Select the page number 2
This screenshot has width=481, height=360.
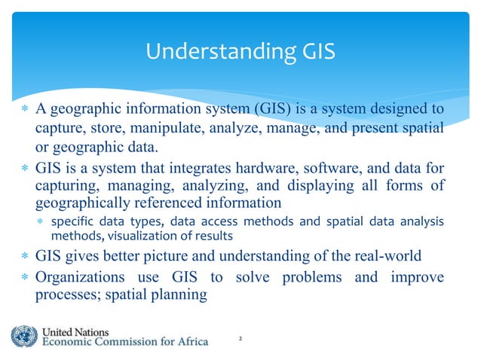point(240,340)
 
